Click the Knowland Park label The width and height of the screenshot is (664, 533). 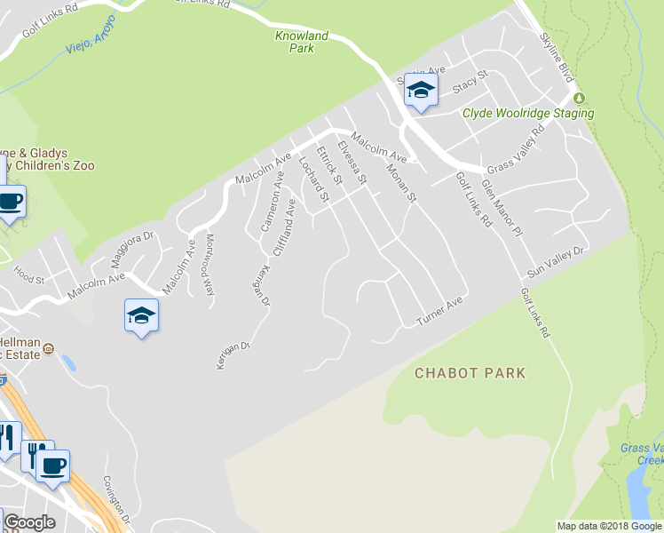302,42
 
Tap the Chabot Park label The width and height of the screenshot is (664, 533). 470,373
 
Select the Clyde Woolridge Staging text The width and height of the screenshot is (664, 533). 528,113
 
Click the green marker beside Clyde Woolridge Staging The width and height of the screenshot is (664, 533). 580,97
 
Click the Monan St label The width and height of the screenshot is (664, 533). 401,178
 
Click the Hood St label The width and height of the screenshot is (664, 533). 28,279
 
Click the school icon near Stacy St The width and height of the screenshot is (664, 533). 421,90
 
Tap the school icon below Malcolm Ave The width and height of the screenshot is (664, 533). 141,315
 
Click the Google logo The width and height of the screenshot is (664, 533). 28,521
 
